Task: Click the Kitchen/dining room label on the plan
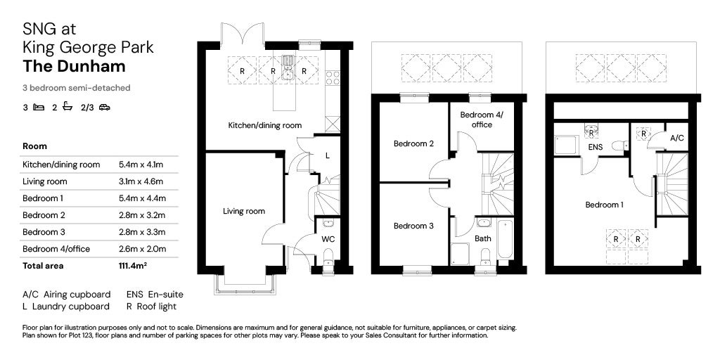pos(265,125)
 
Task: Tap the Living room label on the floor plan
pos(244,211)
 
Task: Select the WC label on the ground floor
pos(328,239)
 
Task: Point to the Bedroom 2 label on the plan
pos(413,143)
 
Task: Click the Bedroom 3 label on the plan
pos(413,226)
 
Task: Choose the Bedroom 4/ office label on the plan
pos(482,120)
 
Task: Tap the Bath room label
pos(482,238)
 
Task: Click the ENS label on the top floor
pos(595,148)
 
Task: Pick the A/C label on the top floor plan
pos(677,137)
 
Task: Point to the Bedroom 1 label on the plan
pos(604,205)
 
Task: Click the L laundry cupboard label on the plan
pos(328,155)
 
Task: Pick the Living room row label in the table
pos(44,181)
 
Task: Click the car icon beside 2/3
pos(105,108)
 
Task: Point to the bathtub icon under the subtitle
pos(67,107)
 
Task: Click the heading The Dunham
pos(74,66)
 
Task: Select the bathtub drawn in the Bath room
pos(504,240)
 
